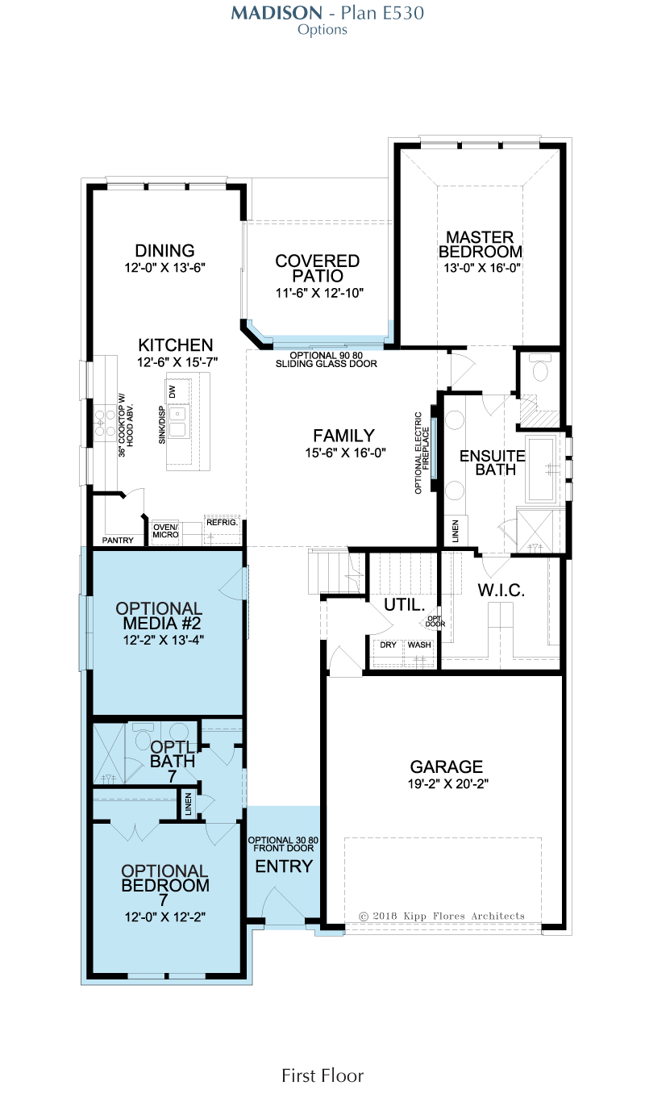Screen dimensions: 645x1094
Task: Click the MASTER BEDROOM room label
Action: pyautogui.click(x=481, y=244)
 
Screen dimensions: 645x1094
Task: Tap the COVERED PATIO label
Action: pyautogui.click(x=318, y=268)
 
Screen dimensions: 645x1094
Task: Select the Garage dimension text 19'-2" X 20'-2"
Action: pyautogui.click(x=448, y=784)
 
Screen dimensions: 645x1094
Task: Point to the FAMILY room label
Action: pyautogui.click(x=344, y=435)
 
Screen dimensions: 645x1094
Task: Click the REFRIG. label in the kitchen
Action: pyautogui.click(x=222, y=523)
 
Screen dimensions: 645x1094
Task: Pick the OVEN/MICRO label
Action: pyautogui.click(x=165, y=531)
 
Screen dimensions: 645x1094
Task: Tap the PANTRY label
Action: pyautogui.click(x=118, y=541)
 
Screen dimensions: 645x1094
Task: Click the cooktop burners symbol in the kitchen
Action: pyautogui.click(x=105, y=423)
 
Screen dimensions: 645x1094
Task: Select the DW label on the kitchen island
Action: pyautogui.click(x=172, y=391)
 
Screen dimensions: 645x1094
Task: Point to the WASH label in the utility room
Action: pyautogui.click(x=419, y=645)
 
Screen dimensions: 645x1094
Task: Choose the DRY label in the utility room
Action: pyautogui.click(x=389, y=645)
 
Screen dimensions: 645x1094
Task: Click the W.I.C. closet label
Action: pyautogui.click(x=501, y=590)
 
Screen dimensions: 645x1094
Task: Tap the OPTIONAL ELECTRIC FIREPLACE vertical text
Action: pyautogui.click(x=422, y=453)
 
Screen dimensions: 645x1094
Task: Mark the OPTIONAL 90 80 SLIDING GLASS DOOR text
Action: pyautogui.click(x=327, y=360)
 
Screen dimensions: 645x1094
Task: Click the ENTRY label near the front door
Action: pyautogui.click(x=284, y=866)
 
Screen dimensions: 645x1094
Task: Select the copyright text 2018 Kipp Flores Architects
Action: pyautogui.click(x=442, y=917)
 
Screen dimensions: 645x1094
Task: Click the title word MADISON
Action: pyautogui.click(x=277, y=13)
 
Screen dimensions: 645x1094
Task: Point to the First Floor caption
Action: pyautogui.click(x=322, y=1075)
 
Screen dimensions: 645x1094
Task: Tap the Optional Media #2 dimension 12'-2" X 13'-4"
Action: pyautogui.click(x=164, y=640)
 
